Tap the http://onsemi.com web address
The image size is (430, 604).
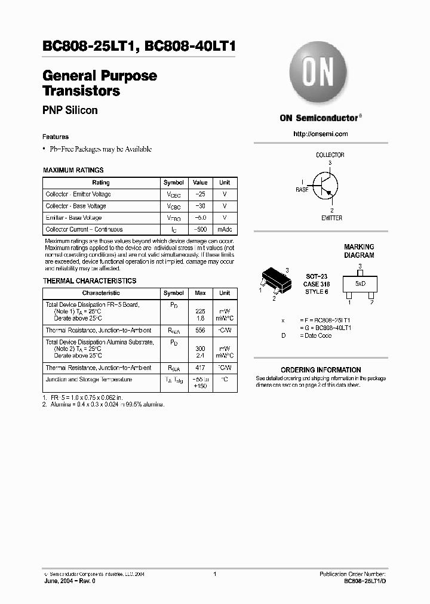point(321,134)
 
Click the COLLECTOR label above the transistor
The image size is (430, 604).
point(330,155)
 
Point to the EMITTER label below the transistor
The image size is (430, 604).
point(331,218)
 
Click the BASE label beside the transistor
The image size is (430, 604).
point(302,189)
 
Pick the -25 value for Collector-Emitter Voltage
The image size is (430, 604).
point(200,195)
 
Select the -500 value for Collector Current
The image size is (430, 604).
point(200,230)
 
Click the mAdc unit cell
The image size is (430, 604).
point(225,230)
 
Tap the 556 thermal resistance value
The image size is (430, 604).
point(200,331)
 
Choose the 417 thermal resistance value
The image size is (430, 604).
point(200,368)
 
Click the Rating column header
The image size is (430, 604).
point(101,183)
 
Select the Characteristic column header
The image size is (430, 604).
point(101,293)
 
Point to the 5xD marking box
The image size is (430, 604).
point(360,284)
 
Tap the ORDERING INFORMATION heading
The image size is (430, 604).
point(321,370)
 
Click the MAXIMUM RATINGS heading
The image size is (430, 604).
point(73,170)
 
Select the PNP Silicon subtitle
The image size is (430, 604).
point(70,110)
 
